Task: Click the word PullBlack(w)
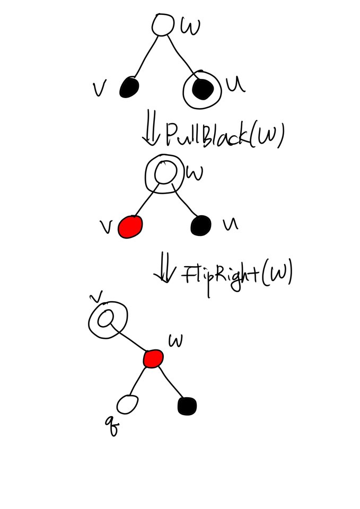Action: coord(225,135)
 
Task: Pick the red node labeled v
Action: coord(130,227)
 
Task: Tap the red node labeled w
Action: coord(153,358)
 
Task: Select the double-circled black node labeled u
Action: coord(202,90)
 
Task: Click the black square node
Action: coord(187,406)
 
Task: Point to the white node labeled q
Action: coord(127,404)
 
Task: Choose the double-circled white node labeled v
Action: coord(107,319)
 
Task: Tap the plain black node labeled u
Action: coord(201,225)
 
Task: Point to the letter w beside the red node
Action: coord(175,340)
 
